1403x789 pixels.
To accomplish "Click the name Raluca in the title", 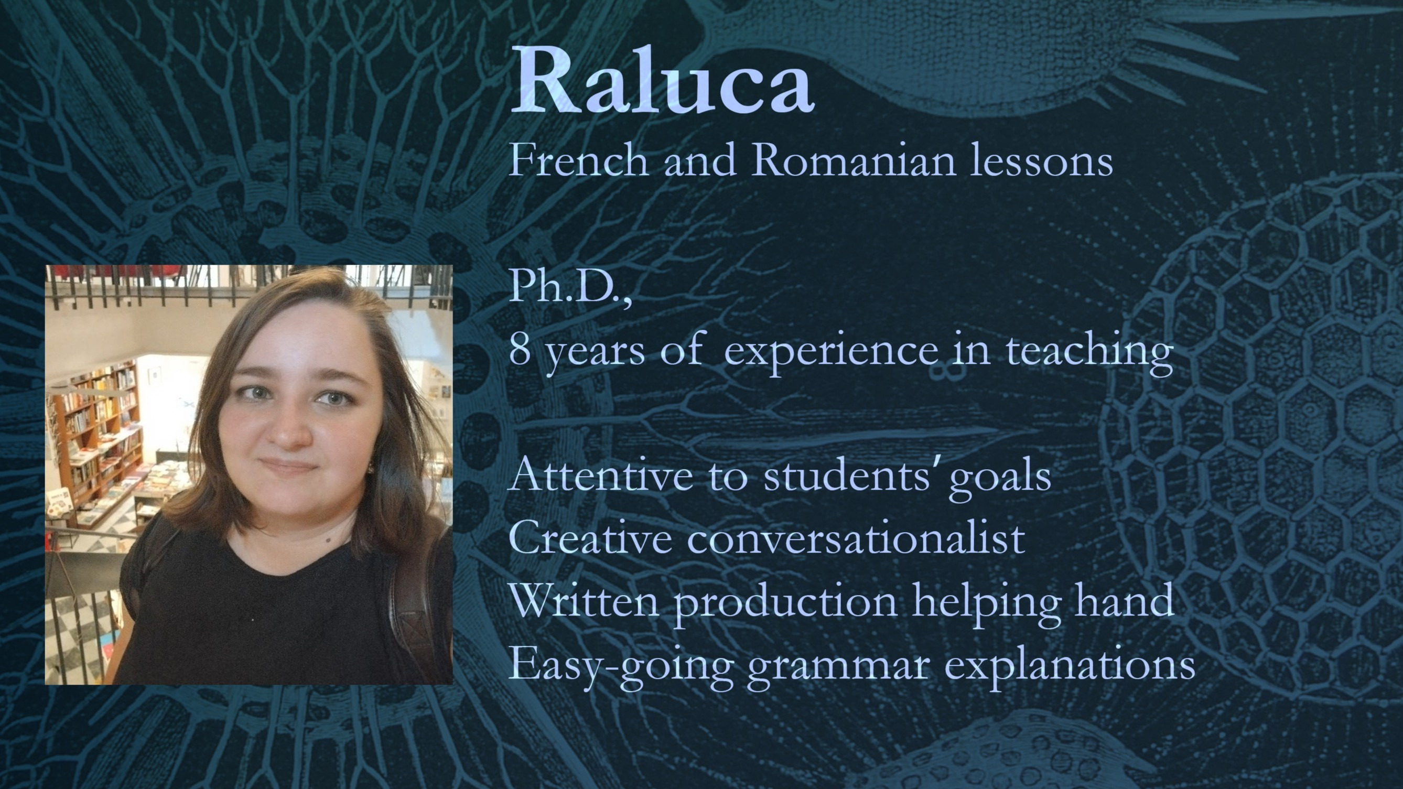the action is point(662,80).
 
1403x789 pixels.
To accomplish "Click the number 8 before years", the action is point(520,349).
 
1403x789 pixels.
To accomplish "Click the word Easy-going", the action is point(620,667).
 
